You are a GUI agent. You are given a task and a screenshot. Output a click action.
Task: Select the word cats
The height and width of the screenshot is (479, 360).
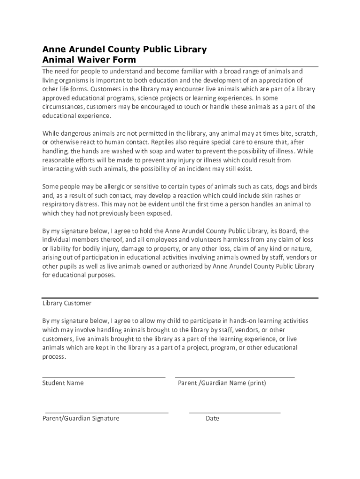point(253,187)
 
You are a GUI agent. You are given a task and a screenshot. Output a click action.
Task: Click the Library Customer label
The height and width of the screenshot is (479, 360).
point(67,303)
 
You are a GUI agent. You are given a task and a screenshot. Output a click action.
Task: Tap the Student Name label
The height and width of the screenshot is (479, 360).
point(63,383)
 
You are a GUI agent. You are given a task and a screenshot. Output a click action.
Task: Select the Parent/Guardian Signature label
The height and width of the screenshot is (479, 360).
point(81,419)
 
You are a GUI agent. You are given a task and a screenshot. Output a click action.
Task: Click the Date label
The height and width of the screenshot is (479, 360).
point(212,419)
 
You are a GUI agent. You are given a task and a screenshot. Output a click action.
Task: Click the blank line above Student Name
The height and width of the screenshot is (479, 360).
point(104,377)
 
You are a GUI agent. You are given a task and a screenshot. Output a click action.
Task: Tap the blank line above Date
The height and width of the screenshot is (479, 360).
point(235,413)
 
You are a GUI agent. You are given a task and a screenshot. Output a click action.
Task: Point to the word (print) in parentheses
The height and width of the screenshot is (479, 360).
point(257,383)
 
